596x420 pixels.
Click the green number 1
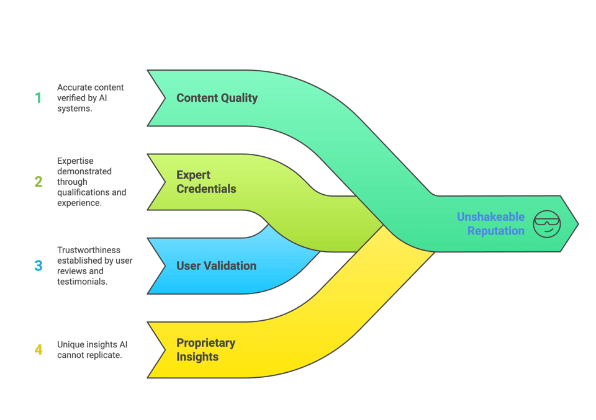(38, 98)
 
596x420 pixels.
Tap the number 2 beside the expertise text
(38, 182)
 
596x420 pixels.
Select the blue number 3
(38, 266)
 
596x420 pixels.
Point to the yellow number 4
(38, 350)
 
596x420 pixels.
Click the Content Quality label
(217, 98)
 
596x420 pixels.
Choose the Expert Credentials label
(206, 182)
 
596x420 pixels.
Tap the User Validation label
(216, 266)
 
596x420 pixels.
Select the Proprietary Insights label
(205, 350)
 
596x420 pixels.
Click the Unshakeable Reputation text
(490, 224)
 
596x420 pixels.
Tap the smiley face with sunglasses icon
(547, 224)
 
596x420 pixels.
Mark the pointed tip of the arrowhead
(577, 224)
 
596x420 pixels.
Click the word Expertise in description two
(75, 161)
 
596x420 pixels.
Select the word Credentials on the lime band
(206, 189)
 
